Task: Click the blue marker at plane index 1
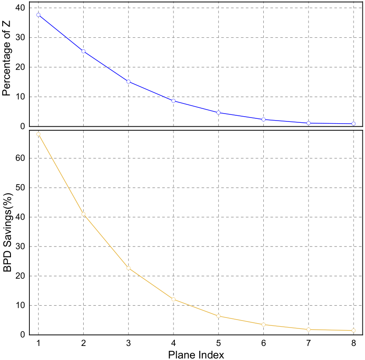coord(39,15)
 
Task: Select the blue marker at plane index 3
coord(128,82)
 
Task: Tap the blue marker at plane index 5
coord(218,113)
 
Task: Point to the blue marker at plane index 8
coord(353,124)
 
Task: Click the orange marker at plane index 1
coord(39,134)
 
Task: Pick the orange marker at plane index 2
coord(83,214)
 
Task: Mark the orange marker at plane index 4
coord(174,299)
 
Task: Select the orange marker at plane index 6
coord(263,324)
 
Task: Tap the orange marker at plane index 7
coord(308,329)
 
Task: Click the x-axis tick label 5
coord(218,343)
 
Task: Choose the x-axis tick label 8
coord(353,343)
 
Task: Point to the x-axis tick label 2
coord(83,343)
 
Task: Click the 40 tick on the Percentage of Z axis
coord(20,8)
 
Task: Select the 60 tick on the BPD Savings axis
coord(20,158)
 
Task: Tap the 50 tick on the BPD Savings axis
coord(20,188)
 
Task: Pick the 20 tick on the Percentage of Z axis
coord(20,67)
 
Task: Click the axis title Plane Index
coord(196,355)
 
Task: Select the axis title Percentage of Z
coord(6,58)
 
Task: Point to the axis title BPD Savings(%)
coord(7,232)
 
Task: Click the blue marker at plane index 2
coord(83,51)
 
